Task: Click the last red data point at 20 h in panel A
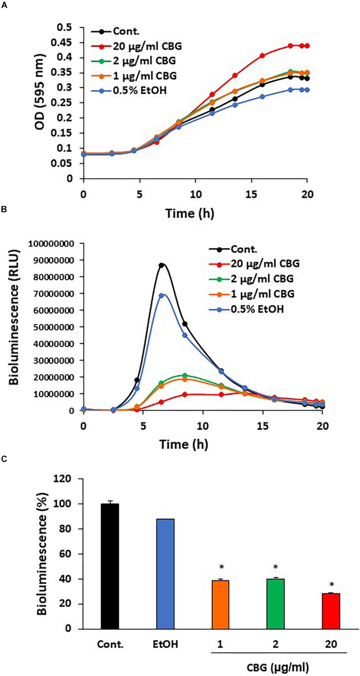coord(307,46)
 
